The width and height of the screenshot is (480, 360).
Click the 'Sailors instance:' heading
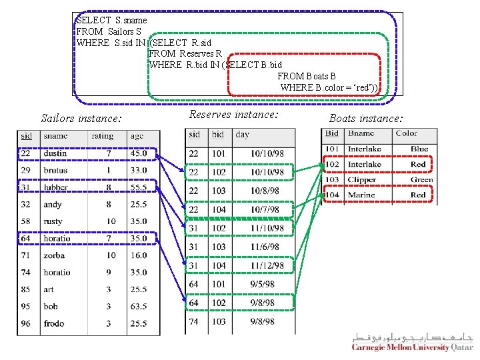coord(81,119)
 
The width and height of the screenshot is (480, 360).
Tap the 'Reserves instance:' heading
coord(233,115)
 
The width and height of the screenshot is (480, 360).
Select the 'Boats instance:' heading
coord(366,119)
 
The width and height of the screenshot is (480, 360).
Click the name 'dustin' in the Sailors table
coord(55,153)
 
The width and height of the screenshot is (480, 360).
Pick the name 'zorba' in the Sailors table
coord(54,255)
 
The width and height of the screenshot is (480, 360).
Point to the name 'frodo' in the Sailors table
coord(54,323)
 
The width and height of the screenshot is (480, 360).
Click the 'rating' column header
coord(103,136)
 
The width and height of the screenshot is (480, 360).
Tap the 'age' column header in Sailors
coord(137,136)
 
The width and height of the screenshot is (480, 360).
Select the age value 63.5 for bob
coord(139,307)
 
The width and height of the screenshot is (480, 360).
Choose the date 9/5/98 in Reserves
coord(262,284)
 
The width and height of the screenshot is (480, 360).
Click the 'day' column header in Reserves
coord(243,135)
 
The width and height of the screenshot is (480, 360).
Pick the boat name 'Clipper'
coord(362,180)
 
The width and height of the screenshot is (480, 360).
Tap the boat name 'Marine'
coord(361,195)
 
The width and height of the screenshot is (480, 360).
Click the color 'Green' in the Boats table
coord(421,180)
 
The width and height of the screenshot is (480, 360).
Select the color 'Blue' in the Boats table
coord(419,149)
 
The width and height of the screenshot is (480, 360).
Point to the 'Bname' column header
coord(361,134)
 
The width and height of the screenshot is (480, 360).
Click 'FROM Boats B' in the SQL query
coord(307,77)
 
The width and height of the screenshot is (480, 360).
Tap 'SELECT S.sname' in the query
coord(111,21)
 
